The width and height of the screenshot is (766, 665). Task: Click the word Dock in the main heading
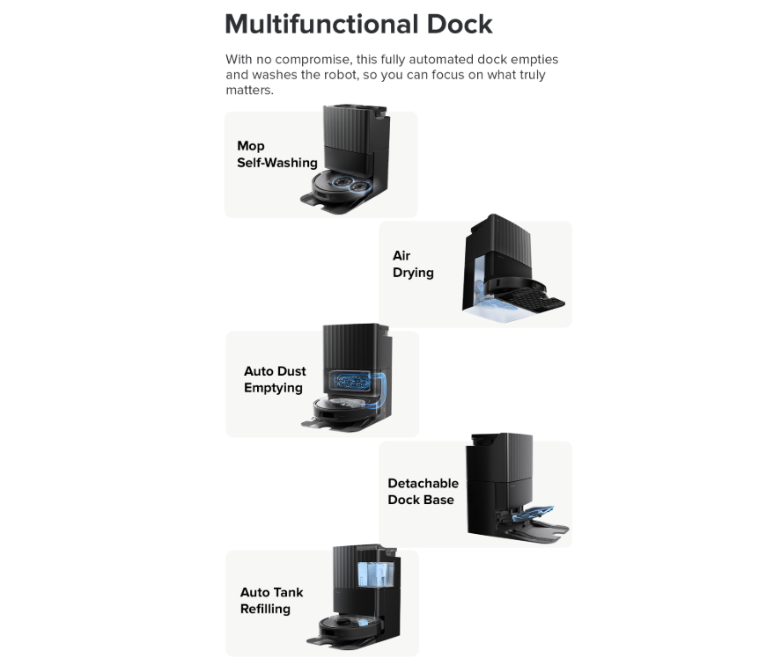(x=460, y=24)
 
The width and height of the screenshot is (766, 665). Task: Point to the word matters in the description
(x=248, y=91)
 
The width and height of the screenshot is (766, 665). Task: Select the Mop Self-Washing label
(x=277, y=154)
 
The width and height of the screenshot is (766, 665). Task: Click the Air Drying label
(x=413, y=264)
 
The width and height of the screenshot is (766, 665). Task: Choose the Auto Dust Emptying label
(x=275, y=379)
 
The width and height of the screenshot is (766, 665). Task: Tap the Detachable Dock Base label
(x=423, y=492)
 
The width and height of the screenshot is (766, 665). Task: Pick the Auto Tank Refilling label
(x=271, y=601)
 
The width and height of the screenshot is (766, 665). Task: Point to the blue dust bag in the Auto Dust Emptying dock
(x=350, y=381)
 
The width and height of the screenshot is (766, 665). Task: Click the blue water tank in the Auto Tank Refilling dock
(x=375, y=574)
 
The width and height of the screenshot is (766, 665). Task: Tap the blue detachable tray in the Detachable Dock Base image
(x=532, y=514)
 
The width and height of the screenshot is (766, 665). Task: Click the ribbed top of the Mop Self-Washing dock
(x=349, y=128)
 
